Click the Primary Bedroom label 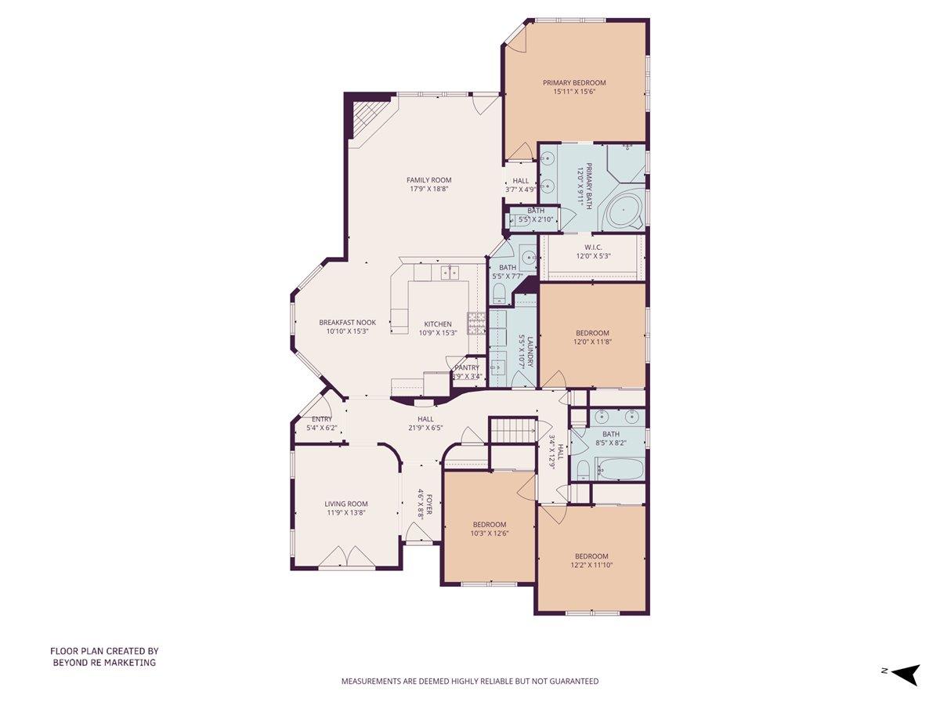(574, 82)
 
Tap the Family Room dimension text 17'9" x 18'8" (428, 190)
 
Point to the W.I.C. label (592, 247)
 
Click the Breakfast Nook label (347, 322)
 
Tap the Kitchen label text (438, 324)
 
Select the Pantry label (467, 367)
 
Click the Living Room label (345, 504)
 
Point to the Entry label (322, 419)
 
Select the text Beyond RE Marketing (104, 663)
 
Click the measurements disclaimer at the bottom (469, 681)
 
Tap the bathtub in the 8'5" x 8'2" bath (620, 470)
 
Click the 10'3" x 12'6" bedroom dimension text (489, 533)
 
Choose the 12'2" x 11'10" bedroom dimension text (591, 565)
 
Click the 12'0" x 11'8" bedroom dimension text (591, 342)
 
